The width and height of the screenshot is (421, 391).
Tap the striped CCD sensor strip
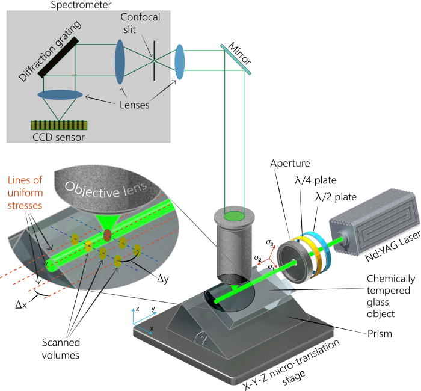pos(58,126)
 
